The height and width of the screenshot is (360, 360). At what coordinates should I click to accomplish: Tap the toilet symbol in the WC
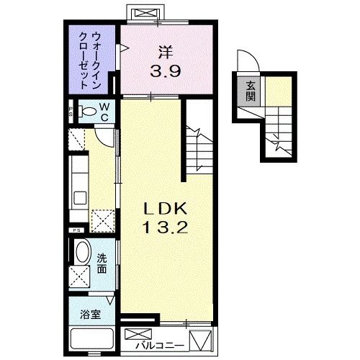point(87,112)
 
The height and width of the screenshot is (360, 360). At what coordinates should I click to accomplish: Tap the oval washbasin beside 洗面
point(83,253)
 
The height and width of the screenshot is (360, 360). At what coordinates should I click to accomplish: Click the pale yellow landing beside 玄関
point(276,90)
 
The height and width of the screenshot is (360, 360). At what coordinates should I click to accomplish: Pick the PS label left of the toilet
point(71,112)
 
